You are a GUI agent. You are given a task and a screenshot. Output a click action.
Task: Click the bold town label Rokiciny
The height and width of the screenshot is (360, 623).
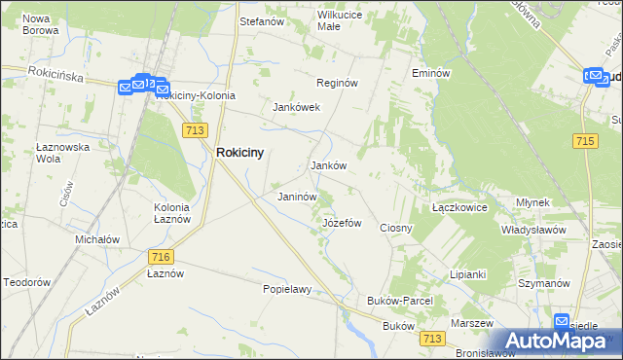point(240,152)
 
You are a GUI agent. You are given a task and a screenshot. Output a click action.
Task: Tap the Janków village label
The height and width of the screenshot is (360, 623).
point(329,165)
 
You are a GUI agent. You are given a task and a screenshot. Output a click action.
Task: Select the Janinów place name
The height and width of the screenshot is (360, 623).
point(298,197)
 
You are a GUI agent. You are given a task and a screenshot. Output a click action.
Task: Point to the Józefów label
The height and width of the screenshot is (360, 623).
point(342,223)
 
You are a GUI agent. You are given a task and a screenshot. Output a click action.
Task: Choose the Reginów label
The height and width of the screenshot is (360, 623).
point(339,83)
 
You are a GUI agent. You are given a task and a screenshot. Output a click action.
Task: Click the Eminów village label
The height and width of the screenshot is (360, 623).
point(430,73)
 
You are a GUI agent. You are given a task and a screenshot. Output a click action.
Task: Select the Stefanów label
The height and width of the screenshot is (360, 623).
point(261,19)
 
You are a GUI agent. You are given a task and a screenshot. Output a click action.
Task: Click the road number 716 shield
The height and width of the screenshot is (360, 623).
point(162,256)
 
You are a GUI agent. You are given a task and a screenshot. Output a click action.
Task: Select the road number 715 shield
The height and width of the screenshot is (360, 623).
point(585,142)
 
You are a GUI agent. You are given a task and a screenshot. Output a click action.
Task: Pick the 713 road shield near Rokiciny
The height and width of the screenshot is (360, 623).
point(194,128)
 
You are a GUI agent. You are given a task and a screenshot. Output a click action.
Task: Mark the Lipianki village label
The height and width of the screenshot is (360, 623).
point(467,274)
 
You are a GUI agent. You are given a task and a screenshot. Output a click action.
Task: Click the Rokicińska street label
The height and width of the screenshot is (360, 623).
point(58,73)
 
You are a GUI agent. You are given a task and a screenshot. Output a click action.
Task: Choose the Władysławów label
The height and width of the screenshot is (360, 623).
point(533,230)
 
